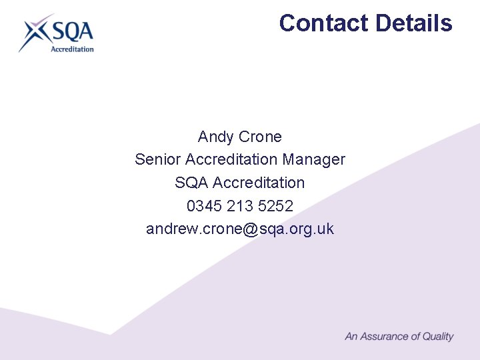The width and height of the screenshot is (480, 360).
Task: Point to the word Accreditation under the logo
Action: (x=73, y=49)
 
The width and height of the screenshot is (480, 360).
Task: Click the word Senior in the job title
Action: (x=158, y=160)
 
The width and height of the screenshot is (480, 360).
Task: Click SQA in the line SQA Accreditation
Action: (x=191, y=183)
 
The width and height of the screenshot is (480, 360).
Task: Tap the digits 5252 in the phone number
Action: (x=275, y=206)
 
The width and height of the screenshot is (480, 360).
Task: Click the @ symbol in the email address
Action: (x=251, y=229)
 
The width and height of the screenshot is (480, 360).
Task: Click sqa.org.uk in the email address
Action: (x=297, y=229)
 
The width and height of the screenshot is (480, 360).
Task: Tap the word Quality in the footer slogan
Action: (x=438, y=337)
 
